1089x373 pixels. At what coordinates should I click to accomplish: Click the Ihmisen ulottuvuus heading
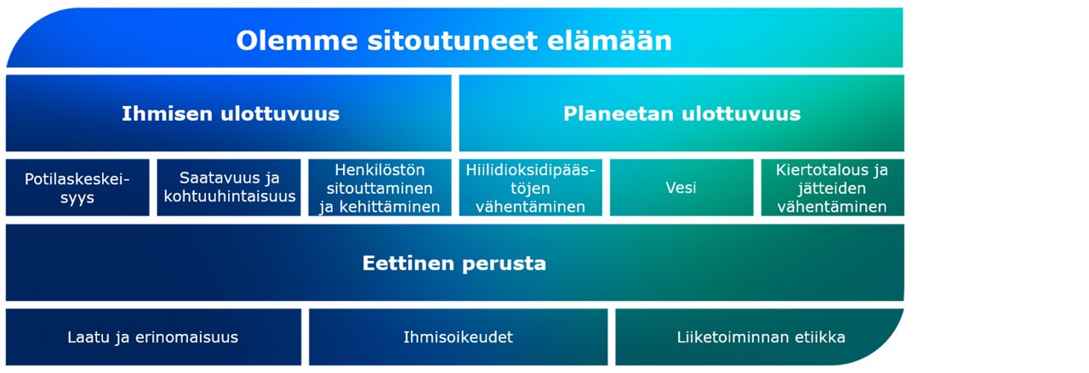[x=230, y=113]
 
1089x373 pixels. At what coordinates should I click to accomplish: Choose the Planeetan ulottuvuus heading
[x=681, y=113]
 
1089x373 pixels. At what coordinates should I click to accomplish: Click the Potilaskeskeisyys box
[x=77, y=188]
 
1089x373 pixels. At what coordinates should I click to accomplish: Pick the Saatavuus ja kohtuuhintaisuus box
[x=229, y=188]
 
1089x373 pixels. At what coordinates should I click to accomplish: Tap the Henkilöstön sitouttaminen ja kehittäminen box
[x=379, y=188]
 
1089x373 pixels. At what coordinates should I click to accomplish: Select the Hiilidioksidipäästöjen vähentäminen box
[x=531, y=188]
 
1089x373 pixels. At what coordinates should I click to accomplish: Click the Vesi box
[x=681, y=188]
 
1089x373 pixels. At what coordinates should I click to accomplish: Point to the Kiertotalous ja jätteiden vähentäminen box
[x=832, y=188]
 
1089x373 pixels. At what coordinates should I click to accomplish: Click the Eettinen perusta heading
[x=454, y=263]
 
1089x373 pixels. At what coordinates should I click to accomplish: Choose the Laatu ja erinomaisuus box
[x=153, y=337]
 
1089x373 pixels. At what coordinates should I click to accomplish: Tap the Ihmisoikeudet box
[x=458, y=337]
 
